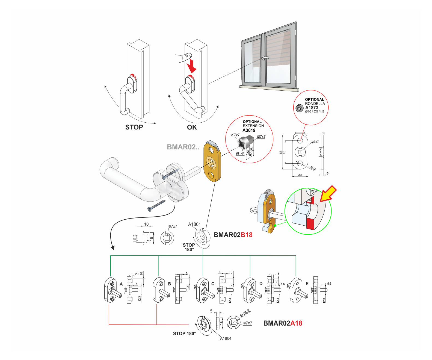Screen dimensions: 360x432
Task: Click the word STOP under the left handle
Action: point(134,127)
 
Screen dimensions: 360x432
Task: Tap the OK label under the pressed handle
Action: point(192,127)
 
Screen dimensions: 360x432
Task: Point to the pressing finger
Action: point(183,57)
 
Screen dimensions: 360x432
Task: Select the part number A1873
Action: point(312,108)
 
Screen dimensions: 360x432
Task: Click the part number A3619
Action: point(249,130)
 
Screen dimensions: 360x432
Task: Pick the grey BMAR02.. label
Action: point(183,147)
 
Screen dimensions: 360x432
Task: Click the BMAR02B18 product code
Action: point(233,235)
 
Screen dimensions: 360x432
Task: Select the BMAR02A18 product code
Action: point(283,323)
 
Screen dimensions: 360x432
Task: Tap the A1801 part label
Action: point(194,224)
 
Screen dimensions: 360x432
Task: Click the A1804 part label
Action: point(226,338)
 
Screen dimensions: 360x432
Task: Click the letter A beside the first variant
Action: point(121,284)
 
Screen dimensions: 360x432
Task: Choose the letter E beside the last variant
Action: point(307,284)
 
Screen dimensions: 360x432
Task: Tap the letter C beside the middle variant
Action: point(213,284)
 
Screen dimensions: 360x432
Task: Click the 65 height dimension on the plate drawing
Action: point(281,152)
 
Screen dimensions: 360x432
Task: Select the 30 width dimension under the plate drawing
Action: point(300,175)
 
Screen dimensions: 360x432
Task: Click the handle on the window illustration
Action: point(265,58)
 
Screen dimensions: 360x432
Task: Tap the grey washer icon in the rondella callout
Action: point(299,108)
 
